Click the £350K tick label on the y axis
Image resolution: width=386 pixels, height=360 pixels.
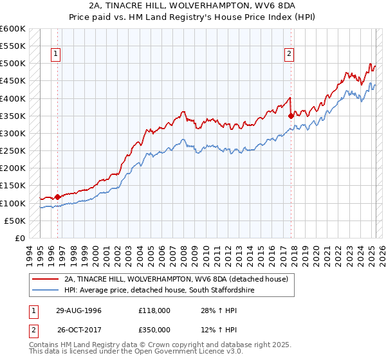(x=13, y=116)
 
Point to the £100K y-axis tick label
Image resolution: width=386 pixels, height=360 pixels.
(x=13, y=203)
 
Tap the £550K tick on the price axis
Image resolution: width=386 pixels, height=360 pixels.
(x=13, y=46)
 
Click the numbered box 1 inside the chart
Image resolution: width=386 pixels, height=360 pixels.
(x=57, y=55)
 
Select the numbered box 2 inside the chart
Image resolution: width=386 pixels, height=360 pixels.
(x=289, y=55)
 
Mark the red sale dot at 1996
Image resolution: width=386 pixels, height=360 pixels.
(x=57, y=197)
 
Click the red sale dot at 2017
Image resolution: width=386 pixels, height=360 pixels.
(x=291, y=116)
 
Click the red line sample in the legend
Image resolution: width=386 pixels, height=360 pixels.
(x=46, y=279)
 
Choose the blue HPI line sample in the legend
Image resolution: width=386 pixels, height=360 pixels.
(x=46, y=290)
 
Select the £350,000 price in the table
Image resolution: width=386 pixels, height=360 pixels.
(x=154, y=330)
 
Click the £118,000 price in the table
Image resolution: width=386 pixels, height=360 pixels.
(x=154, y=310)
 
